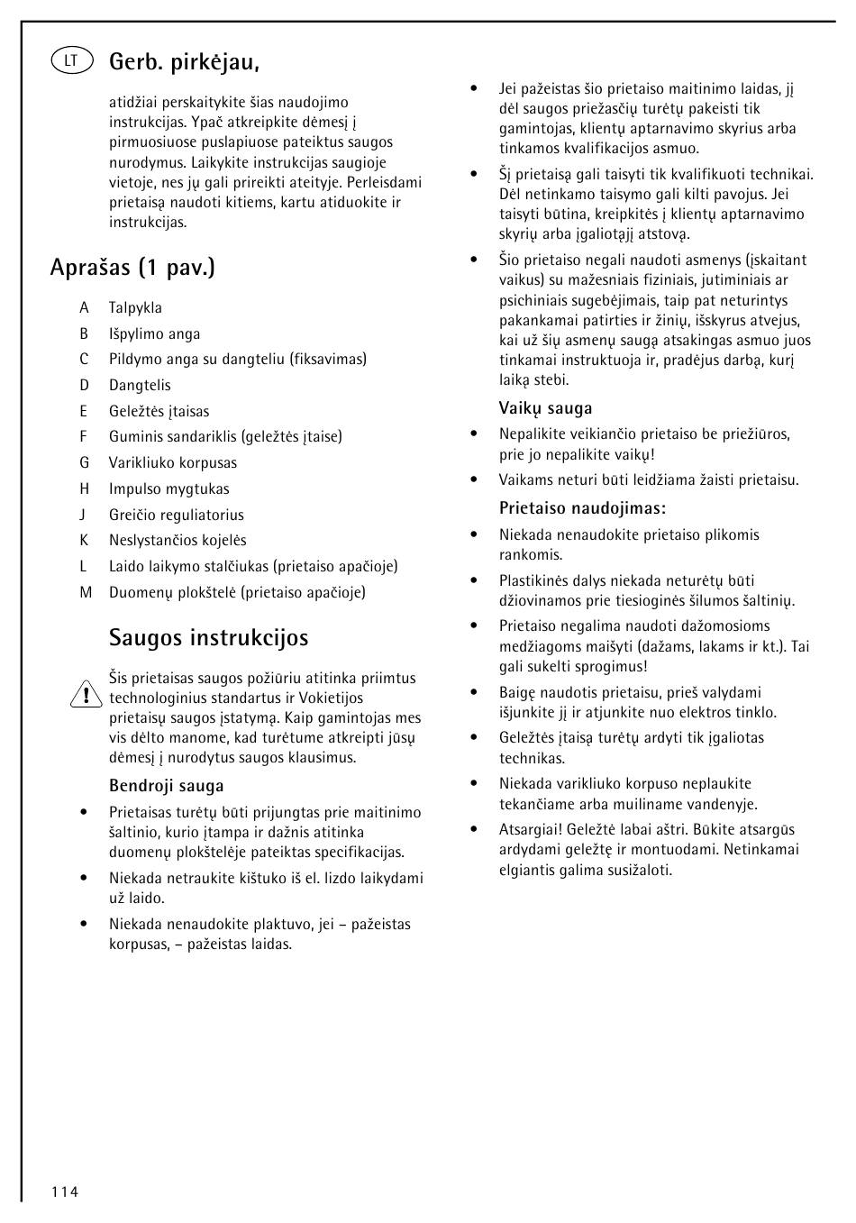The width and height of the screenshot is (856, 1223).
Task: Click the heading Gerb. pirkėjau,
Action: coord(185,62)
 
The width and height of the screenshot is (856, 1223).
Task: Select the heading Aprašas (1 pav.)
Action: coord(132,268)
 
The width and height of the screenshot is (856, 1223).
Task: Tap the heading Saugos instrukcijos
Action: coord(208,638)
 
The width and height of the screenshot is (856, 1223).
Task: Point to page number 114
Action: coord(65,1192)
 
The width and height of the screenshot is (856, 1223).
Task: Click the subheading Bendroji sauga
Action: coord(166,786)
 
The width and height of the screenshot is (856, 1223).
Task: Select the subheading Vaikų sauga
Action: coord(545,408)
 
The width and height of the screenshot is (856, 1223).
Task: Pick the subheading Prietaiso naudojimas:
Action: coord(582,508)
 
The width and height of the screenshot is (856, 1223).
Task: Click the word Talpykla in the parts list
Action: coord(135,308)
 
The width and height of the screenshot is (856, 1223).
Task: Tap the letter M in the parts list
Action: coord(86,593)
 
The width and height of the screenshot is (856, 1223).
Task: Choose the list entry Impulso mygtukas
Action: coord(168,489)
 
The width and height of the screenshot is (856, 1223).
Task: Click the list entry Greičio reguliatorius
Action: coord(176,516)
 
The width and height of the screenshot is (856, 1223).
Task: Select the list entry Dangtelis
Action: coord(140,386)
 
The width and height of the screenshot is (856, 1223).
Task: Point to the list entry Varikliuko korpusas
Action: coord(173,463)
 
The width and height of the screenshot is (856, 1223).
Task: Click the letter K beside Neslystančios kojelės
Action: coord(84,541)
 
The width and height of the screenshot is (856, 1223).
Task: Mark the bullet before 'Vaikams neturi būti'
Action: coord(474,480)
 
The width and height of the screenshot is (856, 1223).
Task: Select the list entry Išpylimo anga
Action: coord(154,334)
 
